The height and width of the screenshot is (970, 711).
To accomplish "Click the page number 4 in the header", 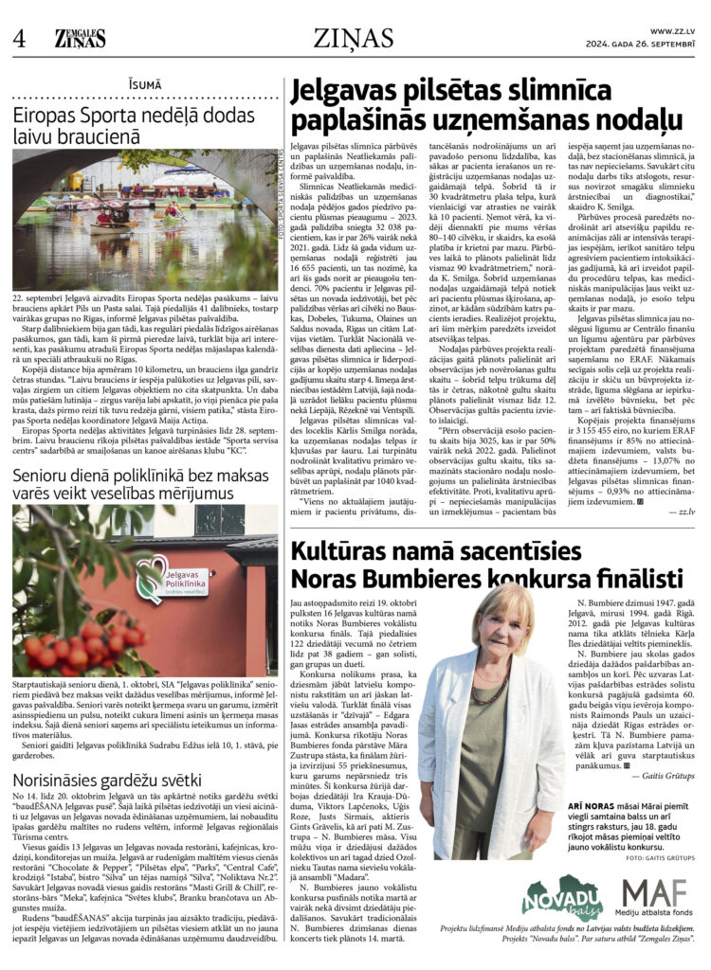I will (19, 37).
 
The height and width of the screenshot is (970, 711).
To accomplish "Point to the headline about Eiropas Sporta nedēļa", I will (133, 126).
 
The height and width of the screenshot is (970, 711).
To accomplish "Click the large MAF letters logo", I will (656, 890).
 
